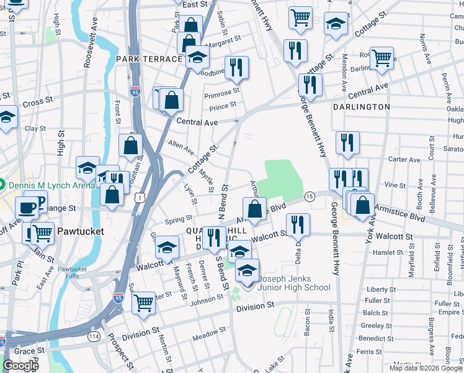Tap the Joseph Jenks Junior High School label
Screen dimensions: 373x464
pos(295,283)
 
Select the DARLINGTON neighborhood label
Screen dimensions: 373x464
pos(361,107)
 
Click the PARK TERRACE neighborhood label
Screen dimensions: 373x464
pos(149,59)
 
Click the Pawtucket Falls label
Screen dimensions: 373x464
pos(73,272)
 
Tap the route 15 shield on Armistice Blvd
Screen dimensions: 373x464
pos(310,196)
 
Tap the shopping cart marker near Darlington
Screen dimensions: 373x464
pos(382,58)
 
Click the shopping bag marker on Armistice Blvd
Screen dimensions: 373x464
pos(254,208)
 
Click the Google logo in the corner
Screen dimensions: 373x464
pos(20,366)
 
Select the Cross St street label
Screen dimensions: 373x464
pos(38,101)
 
